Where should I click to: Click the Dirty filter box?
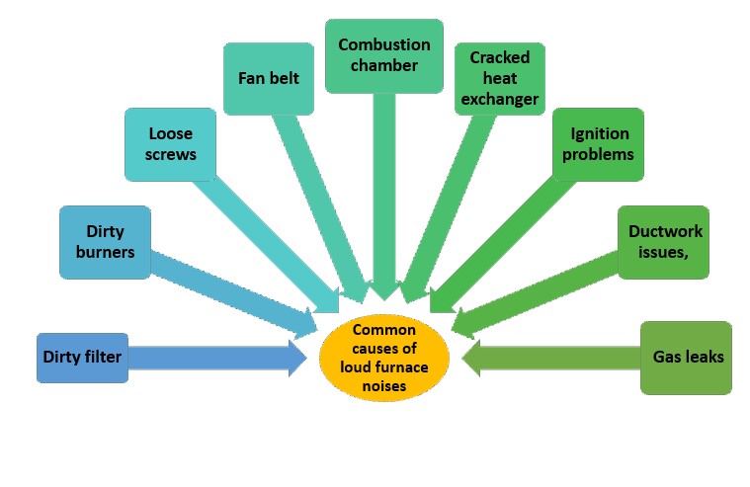tap(82, 357)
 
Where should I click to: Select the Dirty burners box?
tap(105, 242)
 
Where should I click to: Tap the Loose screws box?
tap(170, 144)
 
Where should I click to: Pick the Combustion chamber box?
tap(383, 56)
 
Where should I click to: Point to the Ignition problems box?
tap(599, 145)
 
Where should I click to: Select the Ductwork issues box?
tap(665, 242)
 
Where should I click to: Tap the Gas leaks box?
tap(686, 357)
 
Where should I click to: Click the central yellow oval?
tap(385, 358)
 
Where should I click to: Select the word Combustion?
tap(384, 45)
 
